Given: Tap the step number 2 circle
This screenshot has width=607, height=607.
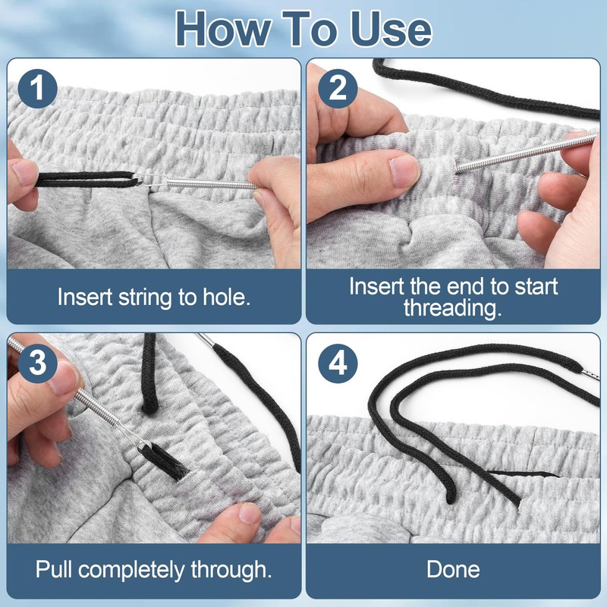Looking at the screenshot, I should point(338,90).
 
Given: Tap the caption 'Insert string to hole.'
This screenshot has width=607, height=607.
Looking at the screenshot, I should point(153,297).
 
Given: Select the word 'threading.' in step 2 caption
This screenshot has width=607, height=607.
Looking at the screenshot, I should point(453,307).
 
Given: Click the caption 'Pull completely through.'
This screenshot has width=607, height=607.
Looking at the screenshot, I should point(153,568).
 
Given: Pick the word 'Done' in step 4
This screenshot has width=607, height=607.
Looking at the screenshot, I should point(453,568).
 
